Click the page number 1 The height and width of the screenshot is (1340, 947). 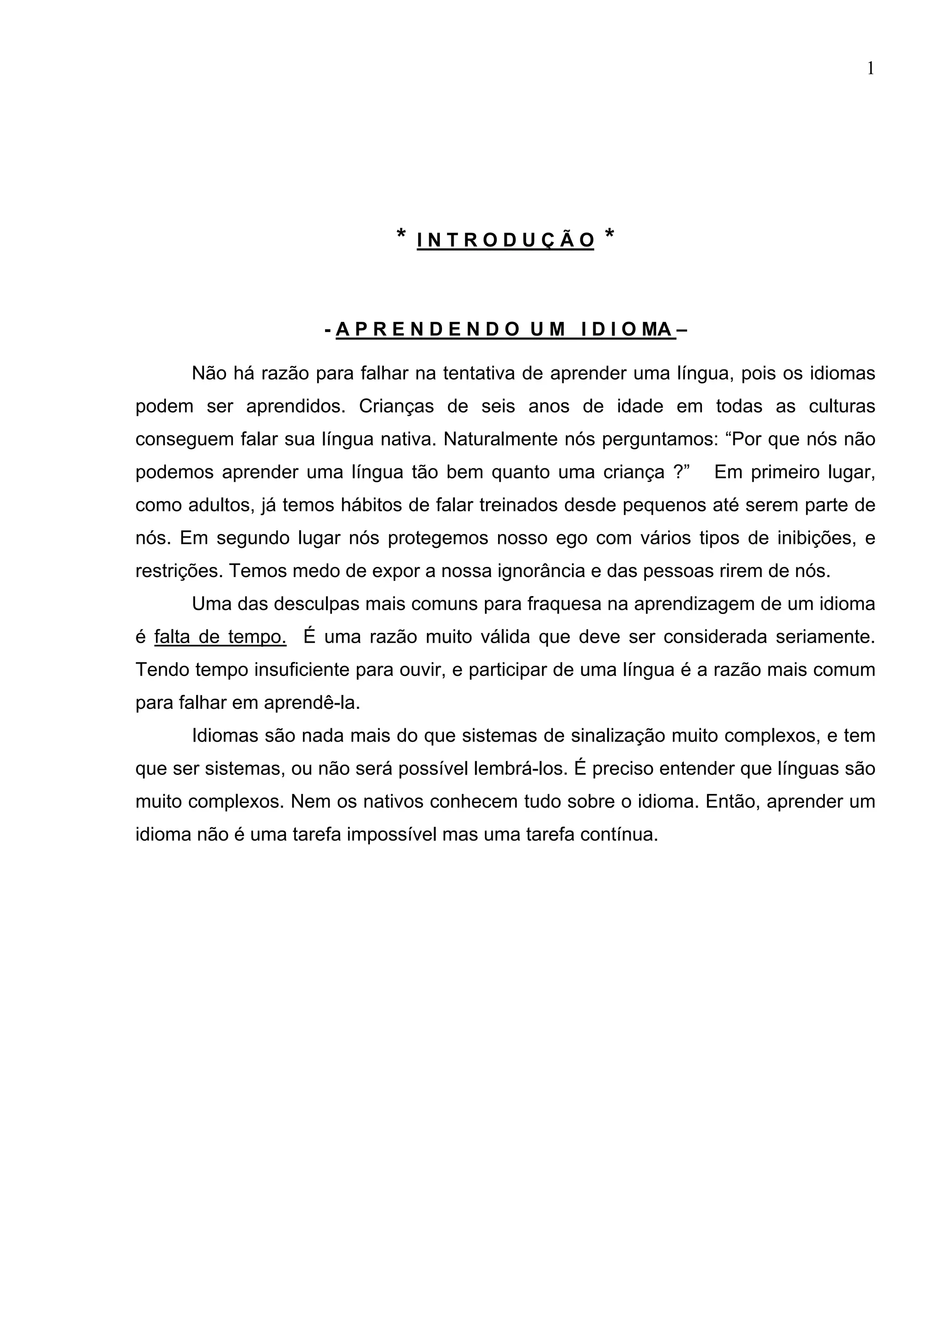871,69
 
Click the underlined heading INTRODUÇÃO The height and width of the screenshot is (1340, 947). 505,240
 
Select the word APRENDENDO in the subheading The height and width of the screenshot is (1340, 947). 427,330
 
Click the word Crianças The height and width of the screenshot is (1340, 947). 396,406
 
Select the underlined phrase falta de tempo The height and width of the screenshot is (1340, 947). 220,637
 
